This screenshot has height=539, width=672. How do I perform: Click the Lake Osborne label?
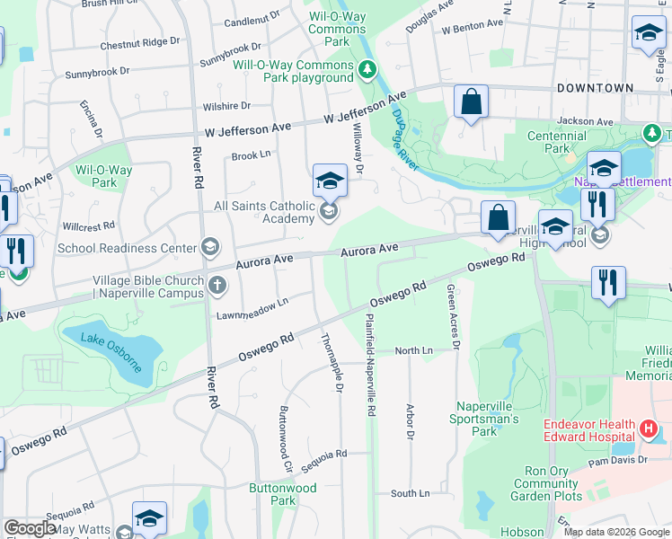111,351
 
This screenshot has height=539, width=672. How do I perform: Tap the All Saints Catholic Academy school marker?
329,212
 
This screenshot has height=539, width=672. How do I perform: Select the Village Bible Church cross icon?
217,287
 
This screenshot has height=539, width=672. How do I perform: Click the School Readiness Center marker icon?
209,247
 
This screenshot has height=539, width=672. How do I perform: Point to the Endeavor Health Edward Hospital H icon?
650,429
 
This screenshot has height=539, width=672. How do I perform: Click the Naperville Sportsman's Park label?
488,419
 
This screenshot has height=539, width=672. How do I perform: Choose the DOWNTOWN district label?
595,88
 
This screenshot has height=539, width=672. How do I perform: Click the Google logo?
30,528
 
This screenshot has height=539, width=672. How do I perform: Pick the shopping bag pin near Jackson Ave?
471,102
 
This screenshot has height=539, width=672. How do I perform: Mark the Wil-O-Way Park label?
103,176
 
